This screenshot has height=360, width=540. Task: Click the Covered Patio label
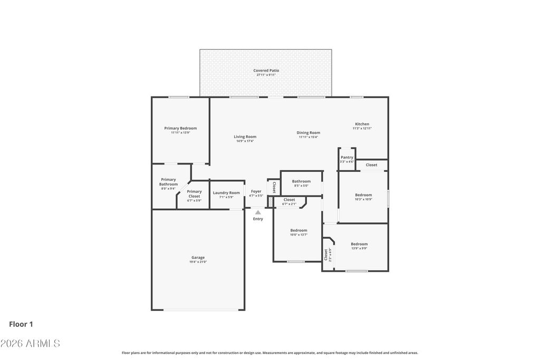pyautogui.click(x=266, y=70)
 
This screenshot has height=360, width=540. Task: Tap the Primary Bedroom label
pyautogui.click(x=180, y=128)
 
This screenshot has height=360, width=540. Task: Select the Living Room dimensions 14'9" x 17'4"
pyautogui.click(x=245, y=141)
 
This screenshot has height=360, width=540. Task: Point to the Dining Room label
pyautogui.click(x=308, y=133)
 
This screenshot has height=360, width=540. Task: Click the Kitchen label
pyautogui.click(x=362, y=124)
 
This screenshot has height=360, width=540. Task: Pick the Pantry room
pyautogui.click(x=346, y=159)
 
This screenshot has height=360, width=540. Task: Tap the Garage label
pyautogui.click(x=198, y=258)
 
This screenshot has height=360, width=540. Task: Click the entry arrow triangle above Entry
pyautogui.click(x=258, y=212)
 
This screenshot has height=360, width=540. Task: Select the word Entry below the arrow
pyautogui.click(x=258, y=219)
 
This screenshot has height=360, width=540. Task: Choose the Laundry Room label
pyautogui.click(x=226, y=192)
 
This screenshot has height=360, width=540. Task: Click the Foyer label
pyautogui.click(x=256, y=191)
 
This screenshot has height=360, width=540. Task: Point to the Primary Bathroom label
pyautogui.click(x=168, y=182)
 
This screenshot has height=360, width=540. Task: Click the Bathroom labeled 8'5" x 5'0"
pyautogui.click(x=301, y=181)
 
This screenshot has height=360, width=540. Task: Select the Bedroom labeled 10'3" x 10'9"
pyautogui.click(x=363, y=195)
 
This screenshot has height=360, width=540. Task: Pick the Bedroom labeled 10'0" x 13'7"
pyautogui.click(x=298, y=230)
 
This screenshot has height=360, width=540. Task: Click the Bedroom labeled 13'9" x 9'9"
pyautogui.click(x=359, y=244)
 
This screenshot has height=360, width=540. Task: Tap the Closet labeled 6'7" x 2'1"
pyautogui.click(x=289, y=200)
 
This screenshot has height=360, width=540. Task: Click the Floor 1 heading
pyautogui.click(x=21, y=325)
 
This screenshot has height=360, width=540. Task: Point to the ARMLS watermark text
pyautogui.click(x=30, y=344)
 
